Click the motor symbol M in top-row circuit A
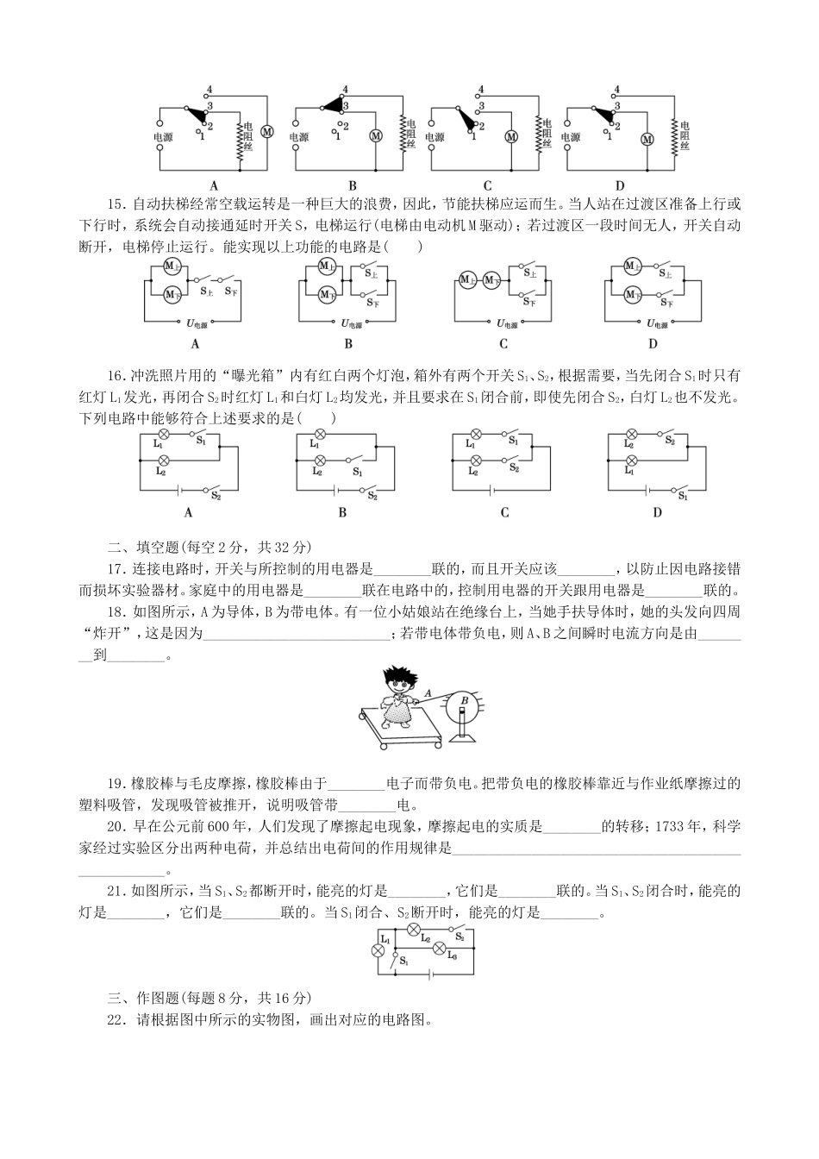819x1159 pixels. pyautogui.click(x=267, y=131)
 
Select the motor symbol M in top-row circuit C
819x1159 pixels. pyautogui.click(x=510, y=136)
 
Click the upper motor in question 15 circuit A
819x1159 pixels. pyautogui.click(x=171, y=266)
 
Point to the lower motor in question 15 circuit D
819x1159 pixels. pyautogui.click(x=632, y=295)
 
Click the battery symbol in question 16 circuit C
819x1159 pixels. pyautogui.click(x=492, y=489)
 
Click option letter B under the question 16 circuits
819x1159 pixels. pyautogui.click(x=342, y=512)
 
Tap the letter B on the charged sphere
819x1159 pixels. pyautogui.click(x=464, y=700)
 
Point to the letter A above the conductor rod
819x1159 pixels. pyautogui.click(x=428, y=692)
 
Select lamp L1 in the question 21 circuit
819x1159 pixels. pyautogui.click(x=377, y=950)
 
